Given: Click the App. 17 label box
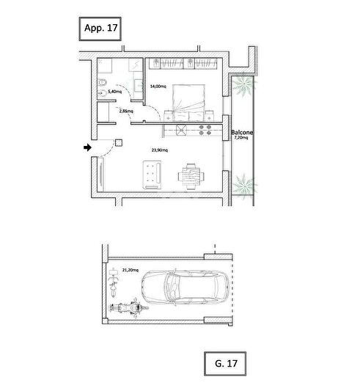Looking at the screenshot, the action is tap(100, 29).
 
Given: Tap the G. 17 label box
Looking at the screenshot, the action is tap(225, 364).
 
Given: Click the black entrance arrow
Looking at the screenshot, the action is tap(87, 147).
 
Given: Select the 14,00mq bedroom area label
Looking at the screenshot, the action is tap(158, 87).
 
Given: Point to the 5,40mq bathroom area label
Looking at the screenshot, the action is tap(114, 92).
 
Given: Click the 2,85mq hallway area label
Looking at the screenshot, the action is tap(126, 111).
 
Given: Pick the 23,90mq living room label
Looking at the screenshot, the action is tap(160, 150).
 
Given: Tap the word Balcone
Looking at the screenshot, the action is tap(242, 132).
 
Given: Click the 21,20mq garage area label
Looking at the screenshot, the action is tap(131, 270).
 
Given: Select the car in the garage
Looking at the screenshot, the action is tap(185, 287).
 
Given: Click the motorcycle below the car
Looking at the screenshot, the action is tap(129, 307).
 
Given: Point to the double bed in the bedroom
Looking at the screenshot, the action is tap(189, 103).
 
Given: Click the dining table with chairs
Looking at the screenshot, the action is tap(191, 176).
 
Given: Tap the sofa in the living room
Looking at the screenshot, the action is tap(152, 175).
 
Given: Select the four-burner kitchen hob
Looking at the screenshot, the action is tap(205, 130).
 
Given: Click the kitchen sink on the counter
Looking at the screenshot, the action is tap(181, 130).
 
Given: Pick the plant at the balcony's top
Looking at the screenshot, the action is tap(243, 85).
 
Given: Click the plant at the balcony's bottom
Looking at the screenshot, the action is tap(244, 185).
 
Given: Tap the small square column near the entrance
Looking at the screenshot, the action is tap(119, 143).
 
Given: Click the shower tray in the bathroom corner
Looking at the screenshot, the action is tap(105, 65).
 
